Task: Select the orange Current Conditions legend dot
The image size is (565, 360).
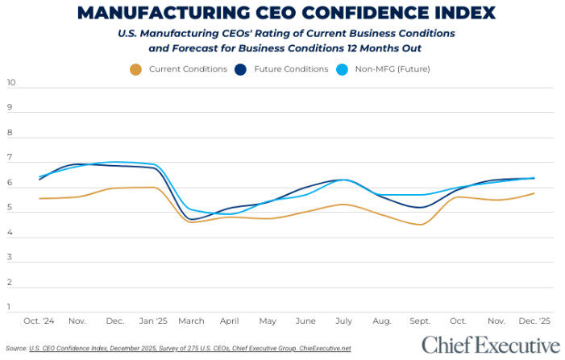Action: pos(135,69)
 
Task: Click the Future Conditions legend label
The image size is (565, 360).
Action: pos(292,69)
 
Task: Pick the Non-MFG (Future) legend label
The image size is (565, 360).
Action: pos(393,69)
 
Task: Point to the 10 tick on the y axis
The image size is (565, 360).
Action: pos(11,83)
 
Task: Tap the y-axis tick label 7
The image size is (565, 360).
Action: pos(10,159)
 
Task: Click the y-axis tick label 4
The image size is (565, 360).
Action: pos(10,233)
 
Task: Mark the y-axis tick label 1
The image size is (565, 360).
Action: pos(10,307)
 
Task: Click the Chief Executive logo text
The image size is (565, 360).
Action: pos(490,346)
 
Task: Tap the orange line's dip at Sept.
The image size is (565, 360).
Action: pos(421,225)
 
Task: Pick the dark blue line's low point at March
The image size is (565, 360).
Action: pos(193,219)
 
